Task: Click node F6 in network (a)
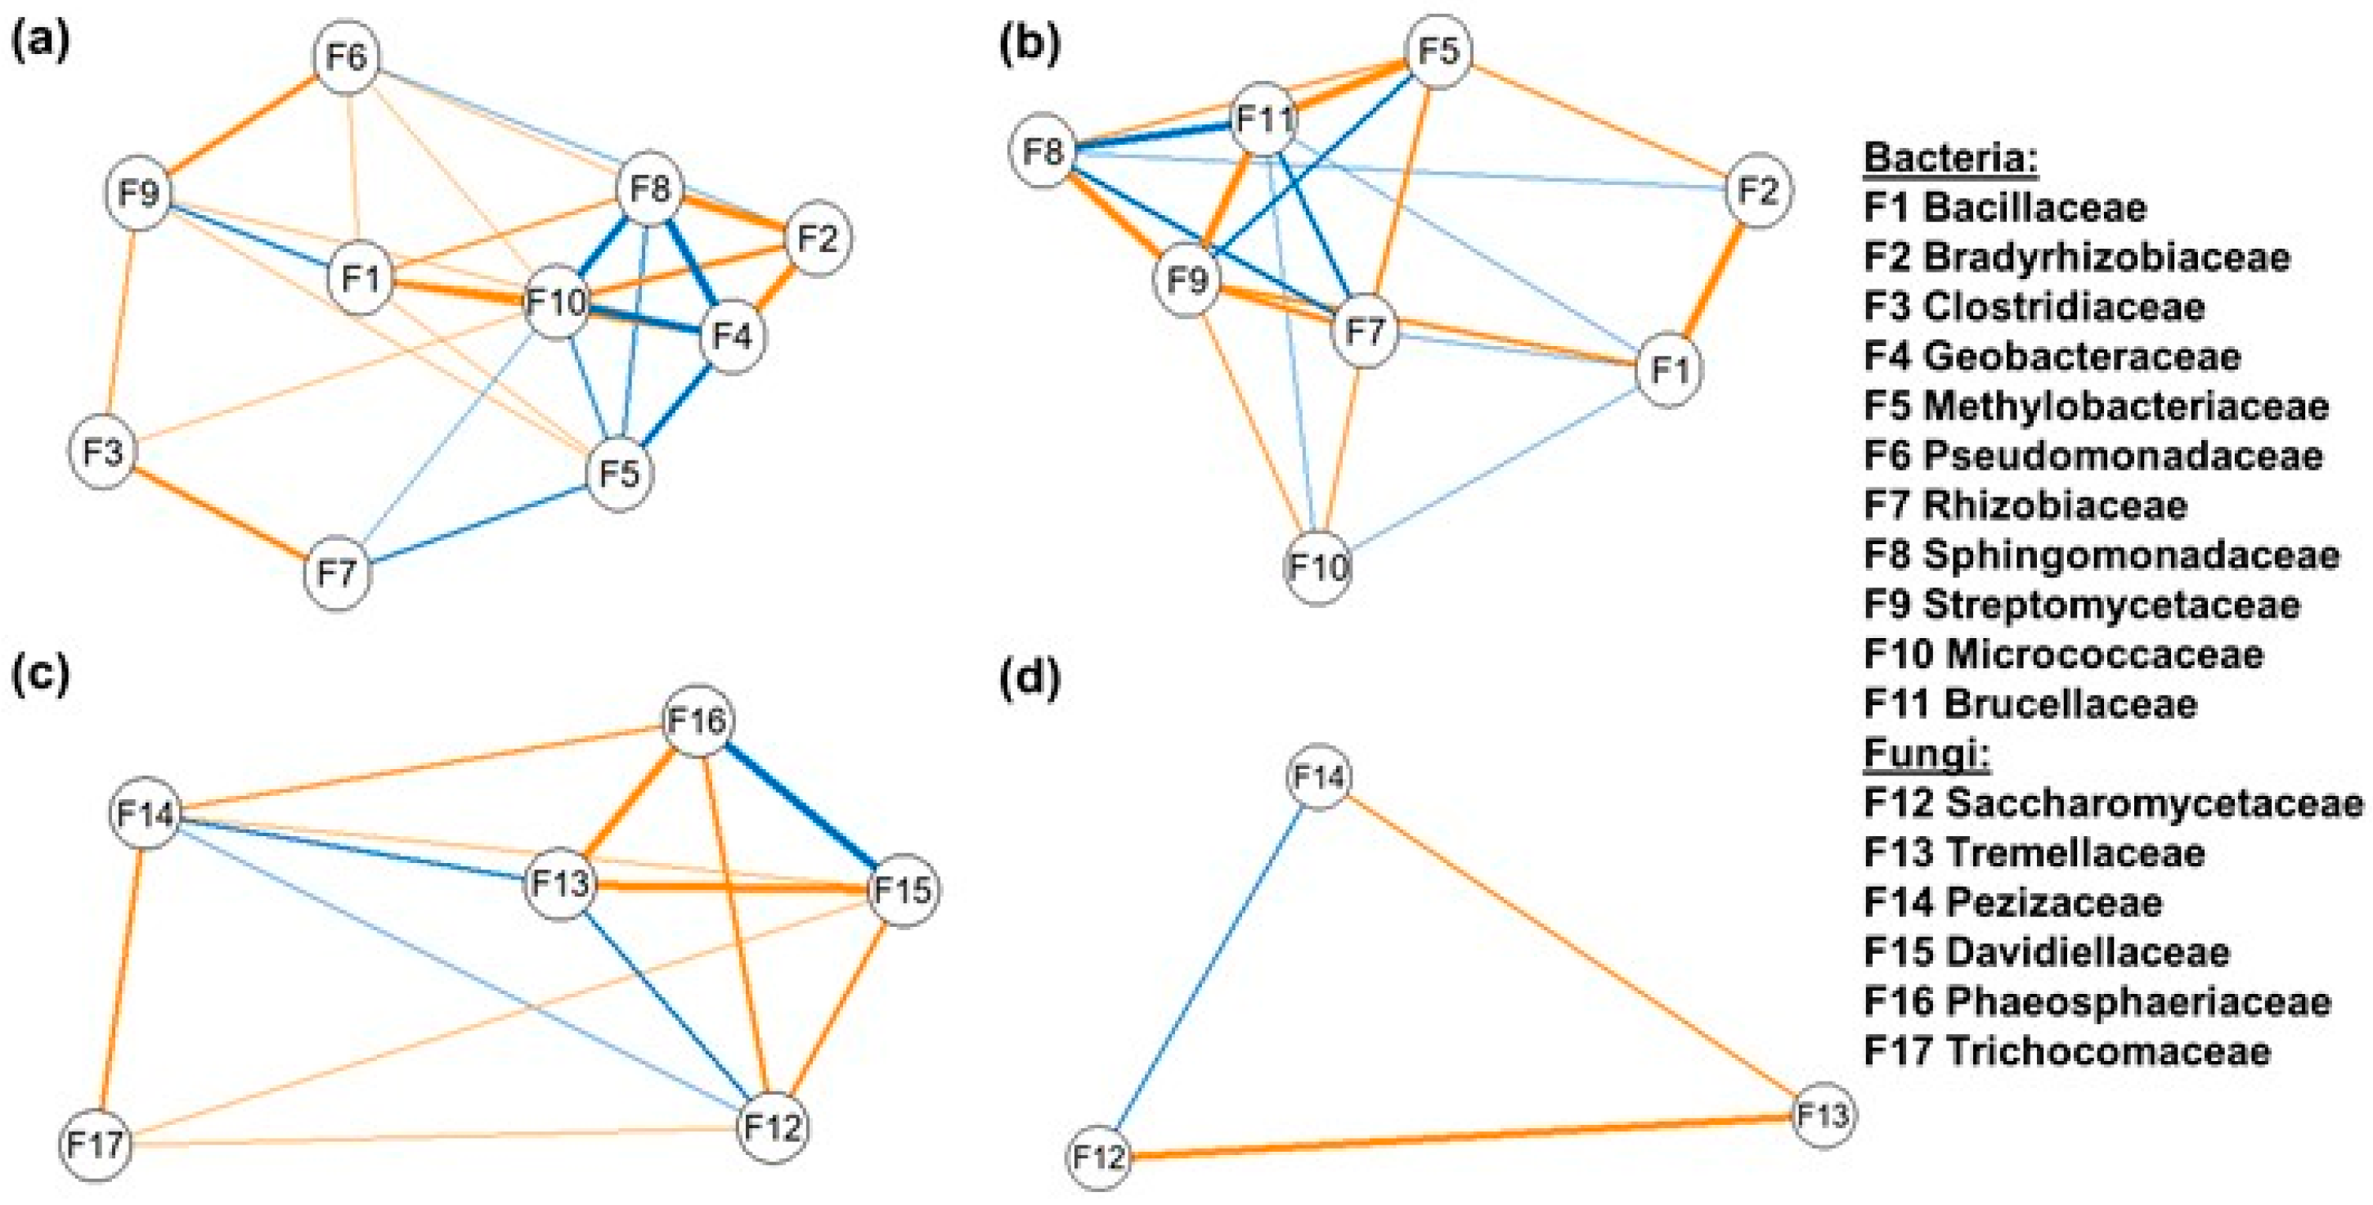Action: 347,58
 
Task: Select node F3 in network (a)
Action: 102,452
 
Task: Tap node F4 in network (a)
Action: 733,337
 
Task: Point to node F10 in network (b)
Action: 1318,568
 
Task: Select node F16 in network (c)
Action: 698,721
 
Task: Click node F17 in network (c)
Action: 96,1145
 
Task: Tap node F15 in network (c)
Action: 903,891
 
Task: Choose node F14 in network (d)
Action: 1319,777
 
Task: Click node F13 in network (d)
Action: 1822,1116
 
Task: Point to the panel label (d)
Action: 1029,679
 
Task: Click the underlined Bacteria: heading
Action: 1950,158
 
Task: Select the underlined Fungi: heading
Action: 1927,753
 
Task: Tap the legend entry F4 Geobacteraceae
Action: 2052,357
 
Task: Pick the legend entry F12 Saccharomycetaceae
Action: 2113,803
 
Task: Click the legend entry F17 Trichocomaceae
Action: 2067,1051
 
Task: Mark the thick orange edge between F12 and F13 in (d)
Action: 1460,1136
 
